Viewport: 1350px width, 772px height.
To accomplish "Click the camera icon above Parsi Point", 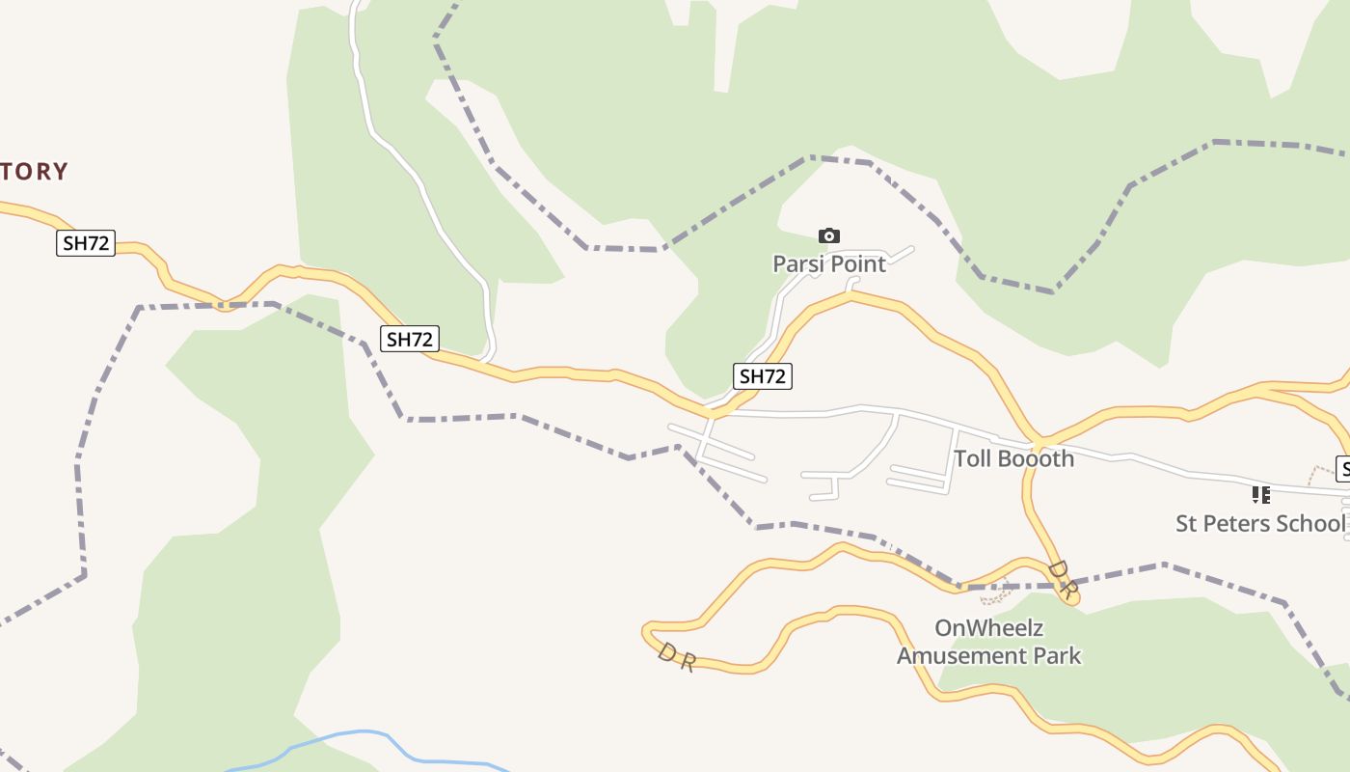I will point(828,236).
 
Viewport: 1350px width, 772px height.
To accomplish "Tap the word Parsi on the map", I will point(796,263).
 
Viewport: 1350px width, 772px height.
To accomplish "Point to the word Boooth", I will point(1036,458).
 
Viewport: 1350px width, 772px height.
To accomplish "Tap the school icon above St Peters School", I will point(1260,495).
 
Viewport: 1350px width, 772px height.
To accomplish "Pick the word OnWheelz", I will point(988,628).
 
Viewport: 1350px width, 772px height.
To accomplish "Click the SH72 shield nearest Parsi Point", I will point(763,376).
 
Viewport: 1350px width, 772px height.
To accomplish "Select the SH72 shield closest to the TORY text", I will point(86,243).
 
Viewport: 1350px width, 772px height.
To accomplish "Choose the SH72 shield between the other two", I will point(410,339).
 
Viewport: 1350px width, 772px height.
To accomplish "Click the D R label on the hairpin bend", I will point(676,658).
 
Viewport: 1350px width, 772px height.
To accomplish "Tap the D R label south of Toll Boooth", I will point(1061,579).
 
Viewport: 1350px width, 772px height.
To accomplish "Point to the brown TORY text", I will point(35,172).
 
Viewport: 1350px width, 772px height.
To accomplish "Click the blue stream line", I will point(366,733).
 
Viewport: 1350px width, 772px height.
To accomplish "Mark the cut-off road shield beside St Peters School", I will point(1342,469).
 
